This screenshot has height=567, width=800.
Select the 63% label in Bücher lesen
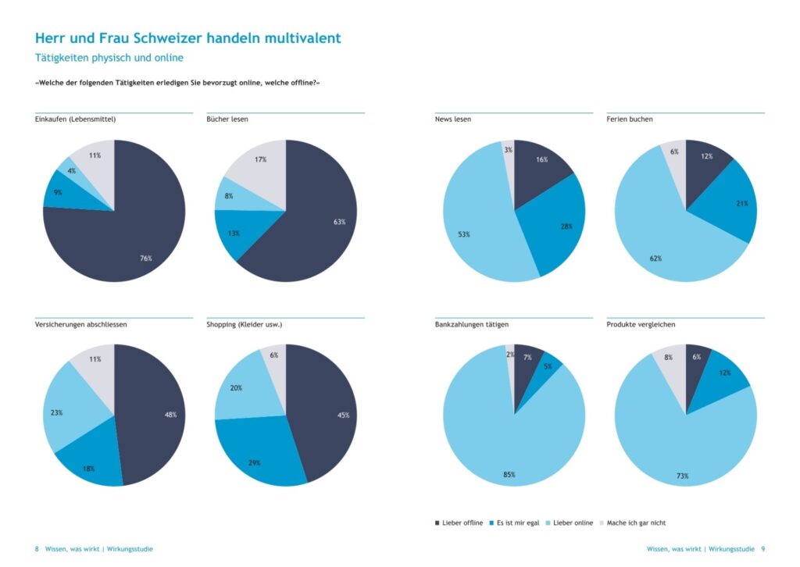(339, 222)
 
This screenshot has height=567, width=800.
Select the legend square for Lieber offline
(436, 522)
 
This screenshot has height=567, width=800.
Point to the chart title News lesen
(453, 119)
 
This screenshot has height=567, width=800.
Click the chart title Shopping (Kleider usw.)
(244, 324)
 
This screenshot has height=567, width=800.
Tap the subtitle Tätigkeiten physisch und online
(109, 58)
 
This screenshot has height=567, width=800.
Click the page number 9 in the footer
(762, 549)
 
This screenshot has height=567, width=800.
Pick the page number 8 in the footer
(37, 549)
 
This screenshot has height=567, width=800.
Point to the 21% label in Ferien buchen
(741, 203)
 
